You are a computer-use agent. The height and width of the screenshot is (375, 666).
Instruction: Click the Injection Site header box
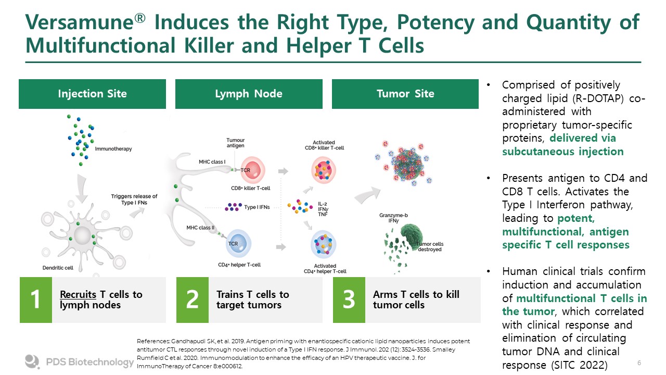point(92,94)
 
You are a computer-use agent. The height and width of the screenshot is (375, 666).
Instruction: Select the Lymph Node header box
point(249,94)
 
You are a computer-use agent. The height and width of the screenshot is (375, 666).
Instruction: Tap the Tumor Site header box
point(405,94)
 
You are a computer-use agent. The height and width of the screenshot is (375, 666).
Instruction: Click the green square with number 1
point(36,300)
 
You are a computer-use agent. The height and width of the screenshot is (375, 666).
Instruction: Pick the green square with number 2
point(193,300)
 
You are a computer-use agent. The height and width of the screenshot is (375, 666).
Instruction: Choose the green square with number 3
point(349,300)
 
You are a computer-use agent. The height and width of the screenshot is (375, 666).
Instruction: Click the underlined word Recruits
point(78,294)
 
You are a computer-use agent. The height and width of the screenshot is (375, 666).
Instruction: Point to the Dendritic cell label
point(58,268)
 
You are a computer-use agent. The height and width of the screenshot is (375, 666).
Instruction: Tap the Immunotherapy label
point(113,149)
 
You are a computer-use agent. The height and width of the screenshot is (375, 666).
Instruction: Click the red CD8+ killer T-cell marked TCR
point(252,170)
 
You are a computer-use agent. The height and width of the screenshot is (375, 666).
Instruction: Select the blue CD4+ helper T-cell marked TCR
point(238,243)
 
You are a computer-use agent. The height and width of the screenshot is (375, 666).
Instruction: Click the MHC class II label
point(200,228)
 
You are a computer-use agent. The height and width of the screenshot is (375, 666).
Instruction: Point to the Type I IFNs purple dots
point(233,207)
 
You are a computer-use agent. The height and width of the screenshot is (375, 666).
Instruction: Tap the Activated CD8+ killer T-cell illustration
point(324,170)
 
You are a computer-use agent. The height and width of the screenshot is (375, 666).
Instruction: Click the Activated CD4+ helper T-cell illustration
point(324,245)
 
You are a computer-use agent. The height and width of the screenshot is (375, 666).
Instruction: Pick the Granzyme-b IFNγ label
point(393,218)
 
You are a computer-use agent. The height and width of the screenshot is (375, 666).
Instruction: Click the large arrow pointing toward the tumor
point(367,195)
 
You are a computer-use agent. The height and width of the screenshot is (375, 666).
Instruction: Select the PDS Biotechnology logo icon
point(32,361)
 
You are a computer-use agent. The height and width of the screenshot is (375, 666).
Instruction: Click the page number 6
point(639,362)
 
